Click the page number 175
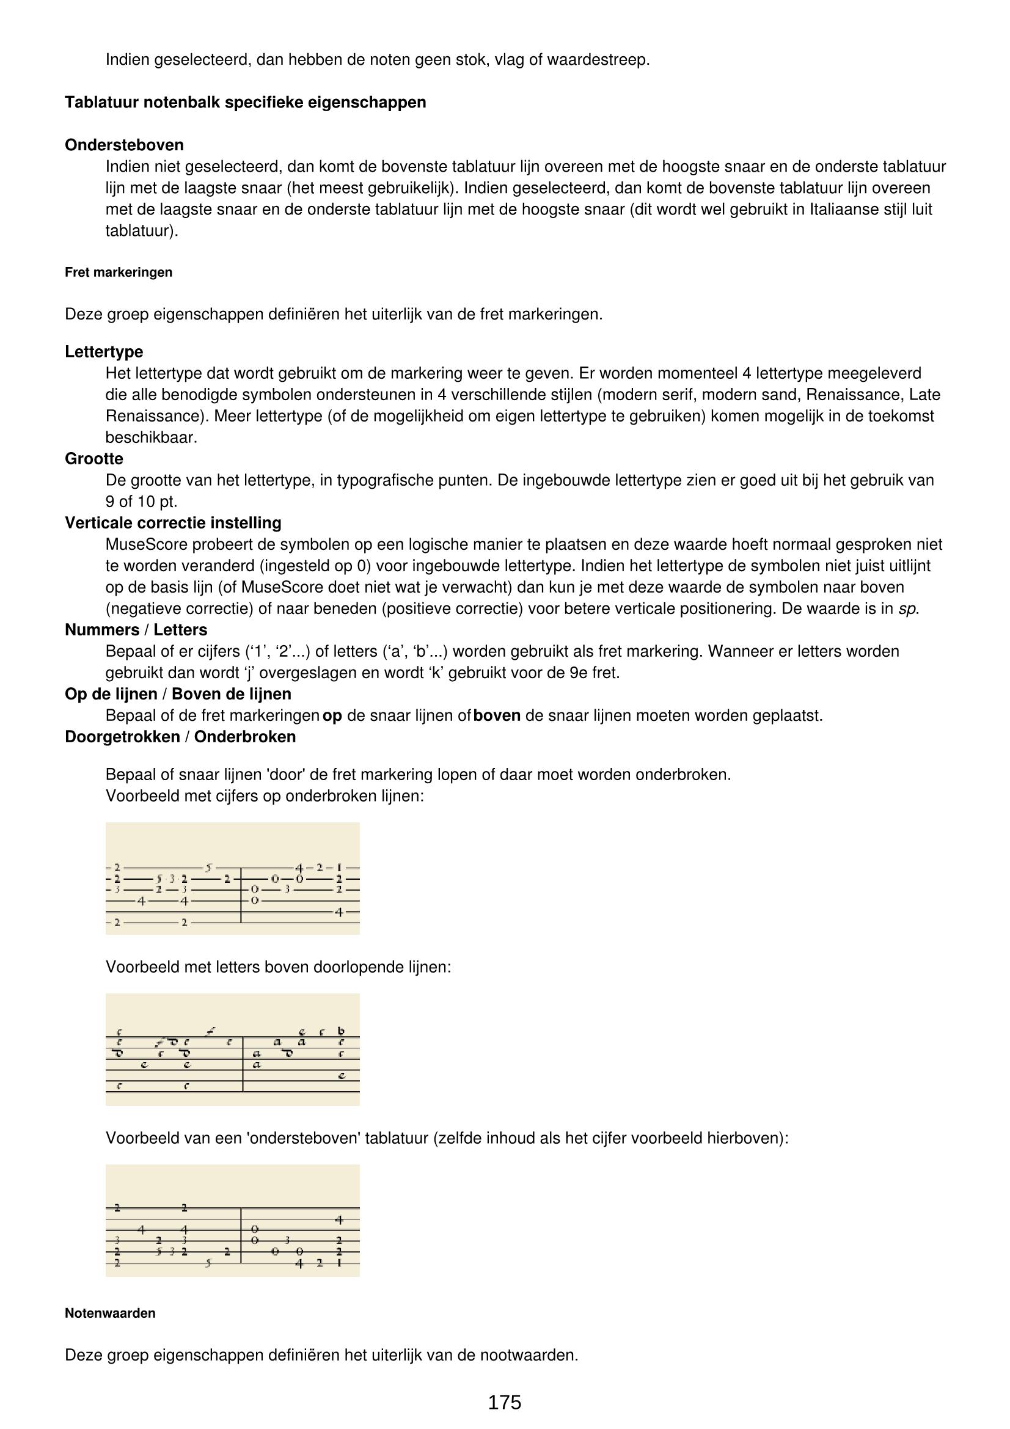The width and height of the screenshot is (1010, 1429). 504,1402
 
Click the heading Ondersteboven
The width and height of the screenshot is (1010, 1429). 124,145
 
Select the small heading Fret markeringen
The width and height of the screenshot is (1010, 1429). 119,272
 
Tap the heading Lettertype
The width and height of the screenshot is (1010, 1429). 104,352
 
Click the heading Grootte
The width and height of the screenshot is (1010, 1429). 94,459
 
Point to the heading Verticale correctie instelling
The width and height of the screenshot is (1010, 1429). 173,523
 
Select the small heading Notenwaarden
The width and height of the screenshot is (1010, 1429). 110,1314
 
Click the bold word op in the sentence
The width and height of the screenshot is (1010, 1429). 332,716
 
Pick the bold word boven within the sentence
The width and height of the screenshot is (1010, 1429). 497,716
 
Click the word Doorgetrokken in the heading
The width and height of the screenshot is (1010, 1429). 122,737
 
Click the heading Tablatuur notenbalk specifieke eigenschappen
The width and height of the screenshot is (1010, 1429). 245,102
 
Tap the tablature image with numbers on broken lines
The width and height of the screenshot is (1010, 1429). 232,878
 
